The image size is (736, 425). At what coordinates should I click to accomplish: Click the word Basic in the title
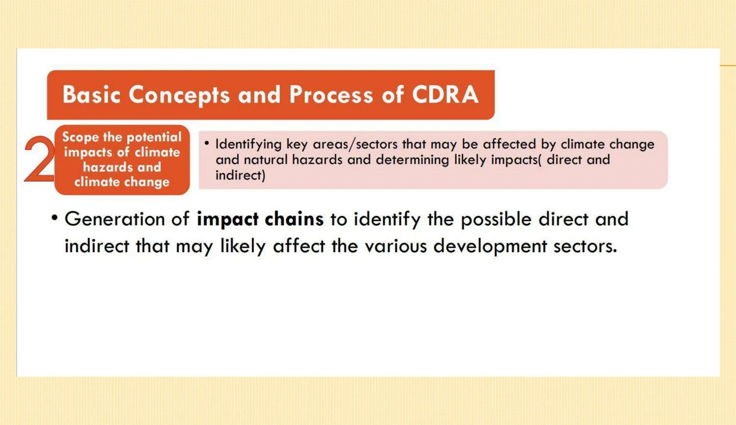(x=91, y=95)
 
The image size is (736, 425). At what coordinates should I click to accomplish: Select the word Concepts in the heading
(x=179, y=95)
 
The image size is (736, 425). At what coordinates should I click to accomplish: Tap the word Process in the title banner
(x=331, y=95)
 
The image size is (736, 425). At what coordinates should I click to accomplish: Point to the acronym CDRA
(x=445, y=95)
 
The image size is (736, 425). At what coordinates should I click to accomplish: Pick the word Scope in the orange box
(x=80, y=137)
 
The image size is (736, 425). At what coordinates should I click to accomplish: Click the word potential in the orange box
(x=154, y=137)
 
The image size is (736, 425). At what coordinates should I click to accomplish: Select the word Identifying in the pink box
(x=248, y=145)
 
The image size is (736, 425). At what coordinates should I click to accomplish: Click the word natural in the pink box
(x=266, y=160)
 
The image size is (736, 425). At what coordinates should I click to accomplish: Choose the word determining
(x=412, y=160)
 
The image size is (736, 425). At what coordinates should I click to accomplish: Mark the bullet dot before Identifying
(x=207, y=143)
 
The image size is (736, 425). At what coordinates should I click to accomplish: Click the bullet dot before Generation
(x=54, y=218)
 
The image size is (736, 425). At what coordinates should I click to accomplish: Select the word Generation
(x=115, y=219)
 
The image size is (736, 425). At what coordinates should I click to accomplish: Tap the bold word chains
(x=294, y=219)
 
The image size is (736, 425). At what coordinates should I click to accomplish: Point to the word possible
(x=496, y=219)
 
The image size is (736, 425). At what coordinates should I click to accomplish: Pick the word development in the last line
(x=490, y=247)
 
